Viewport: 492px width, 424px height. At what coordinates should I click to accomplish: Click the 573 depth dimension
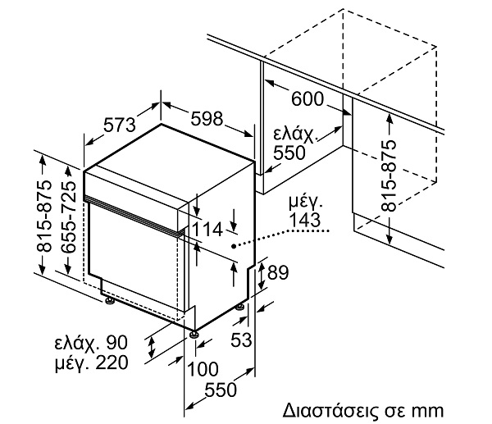coord(120,125)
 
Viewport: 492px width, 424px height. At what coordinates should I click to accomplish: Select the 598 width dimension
coord(207,119)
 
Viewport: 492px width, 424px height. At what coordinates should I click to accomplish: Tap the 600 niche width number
coord(307,99)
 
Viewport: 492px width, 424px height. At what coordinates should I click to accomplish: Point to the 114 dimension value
coord(207,230)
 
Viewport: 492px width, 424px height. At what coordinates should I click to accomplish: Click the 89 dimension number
coord(278,272)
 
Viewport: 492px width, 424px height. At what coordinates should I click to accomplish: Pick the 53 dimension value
coord(241,340)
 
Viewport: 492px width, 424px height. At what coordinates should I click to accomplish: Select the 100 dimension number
coord(203,369)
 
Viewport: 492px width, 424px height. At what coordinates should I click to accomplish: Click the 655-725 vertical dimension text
coord(68,217)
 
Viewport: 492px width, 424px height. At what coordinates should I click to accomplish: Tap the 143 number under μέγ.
coord(305,220)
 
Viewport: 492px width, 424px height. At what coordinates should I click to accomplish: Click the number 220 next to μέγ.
coord(112,362)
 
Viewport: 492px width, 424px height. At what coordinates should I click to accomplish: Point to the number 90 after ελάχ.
coord(116,343)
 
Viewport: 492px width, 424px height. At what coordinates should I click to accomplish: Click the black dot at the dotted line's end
coord(234,246)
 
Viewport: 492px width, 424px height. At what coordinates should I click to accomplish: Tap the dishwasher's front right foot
coord(194,334)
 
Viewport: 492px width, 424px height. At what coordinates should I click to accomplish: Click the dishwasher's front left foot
coord(110,300)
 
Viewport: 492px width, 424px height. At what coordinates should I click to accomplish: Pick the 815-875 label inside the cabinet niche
coord(389,176)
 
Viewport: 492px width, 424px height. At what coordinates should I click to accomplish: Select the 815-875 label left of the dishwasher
coord(43,217)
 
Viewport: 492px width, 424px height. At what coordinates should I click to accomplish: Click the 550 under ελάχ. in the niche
coord(289,153)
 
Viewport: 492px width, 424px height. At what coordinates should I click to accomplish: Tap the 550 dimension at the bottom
coord(221,390)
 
